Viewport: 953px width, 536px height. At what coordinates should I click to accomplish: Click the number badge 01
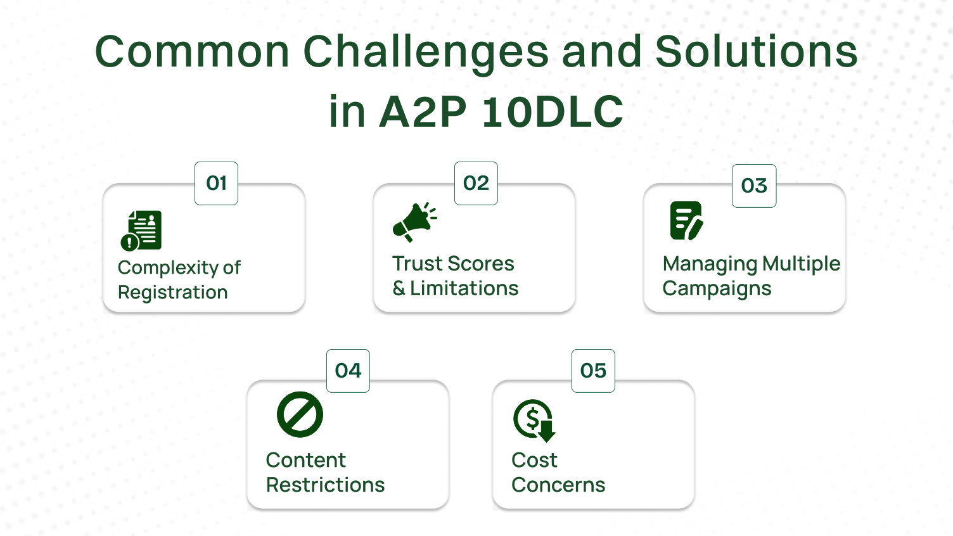[216, 183]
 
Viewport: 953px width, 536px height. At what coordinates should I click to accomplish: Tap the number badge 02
[476, 183]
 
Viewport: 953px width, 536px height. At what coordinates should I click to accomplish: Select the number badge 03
[754, 186]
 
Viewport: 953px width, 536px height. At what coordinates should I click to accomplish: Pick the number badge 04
[348, 371]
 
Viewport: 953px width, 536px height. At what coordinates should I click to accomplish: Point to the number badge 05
[593, 371]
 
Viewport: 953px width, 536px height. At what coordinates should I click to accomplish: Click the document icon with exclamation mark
[141, 231]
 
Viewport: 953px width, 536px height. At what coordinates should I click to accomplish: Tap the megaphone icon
[414, 222]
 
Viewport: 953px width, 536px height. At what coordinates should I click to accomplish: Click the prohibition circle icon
[300, 414]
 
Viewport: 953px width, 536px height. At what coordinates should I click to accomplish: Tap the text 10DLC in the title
[553, 112]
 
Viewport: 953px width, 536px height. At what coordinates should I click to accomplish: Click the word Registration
[172, 293]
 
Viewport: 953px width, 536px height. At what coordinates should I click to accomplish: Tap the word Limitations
[464, 288]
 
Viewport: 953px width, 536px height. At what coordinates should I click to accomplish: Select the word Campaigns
[717, 289]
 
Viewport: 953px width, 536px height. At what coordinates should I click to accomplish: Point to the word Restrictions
[325, 485]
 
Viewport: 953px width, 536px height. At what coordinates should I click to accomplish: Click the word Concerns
[558, 485]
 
